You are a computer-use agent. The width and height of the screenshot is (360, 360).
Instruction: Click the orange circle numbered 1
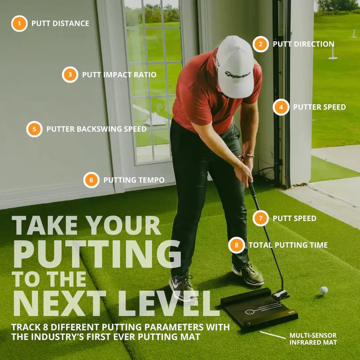point(19,23)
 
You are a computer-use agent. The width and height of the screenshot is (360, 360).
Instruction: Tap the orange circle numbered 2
point(261,44)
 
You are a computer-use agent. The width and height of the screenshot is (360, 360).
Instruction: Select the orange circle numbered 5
point(34,129)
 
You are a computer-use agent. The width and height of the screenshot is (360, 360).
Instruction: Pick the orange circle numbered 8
point(236,245)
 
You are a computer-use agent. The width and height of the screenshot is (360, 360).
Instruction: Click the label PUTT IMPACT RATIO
point(119,75)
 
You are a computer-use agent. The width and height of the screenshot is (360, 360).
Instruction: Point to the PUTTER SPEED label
point(319,107)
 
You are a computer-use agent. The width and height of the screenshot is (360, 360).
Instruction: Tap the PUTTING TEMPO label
point(134,180)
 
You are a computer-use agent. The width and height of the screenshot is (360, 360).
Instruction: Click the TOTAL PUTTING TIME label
point(288,245)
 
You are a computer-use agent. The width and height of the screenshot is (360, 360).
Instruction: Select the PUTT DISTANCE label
point(60,23)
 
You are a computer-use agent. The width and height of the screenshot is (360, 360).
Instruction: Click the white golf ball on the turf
point(324,290)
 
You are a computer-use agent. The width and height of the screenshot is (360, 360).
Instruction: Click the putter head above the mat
point(280,294)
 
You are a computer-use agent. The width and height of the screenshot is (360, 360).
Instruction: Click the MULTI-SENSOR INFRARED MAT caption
point(313,339)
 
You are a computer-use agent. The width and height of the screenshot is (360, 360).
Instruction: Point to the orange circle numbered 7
point(260,218)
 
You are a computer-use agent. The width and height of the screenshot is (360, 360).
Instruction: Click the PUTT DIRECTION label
point(304,44)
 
